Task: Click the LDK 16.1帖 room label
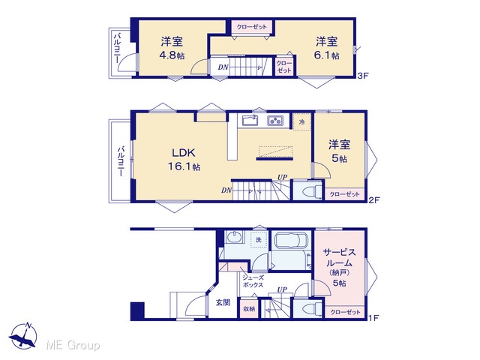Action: (x=184, y=159)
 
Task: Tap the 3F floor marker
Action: (x=363, y=76)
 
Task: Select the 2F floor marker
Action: (x=373, y=200)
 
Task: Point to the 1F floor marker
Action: (x=373, y=318)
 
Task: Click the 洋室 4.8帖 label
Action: (x=172, y=48)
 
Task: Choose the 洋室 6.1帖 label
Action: (x=327, y=48)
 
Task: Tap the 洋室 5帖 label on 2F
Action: (x=339, y=151)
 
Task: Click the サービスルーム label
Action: (x=340, y=257)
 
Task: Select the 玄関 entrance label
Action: (x=223, y=302)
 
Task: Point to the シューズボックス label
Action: (x=253, y=281)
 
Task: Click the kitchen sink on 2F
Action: (x=250, y=120)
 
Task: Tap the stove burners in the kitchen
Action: (x=275, y=121)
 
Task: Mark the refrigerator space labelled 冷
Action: (x=301, y=122)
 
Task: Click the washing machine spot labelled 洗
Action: (x=259, y=240)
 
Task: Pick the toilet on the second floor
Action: (x=311, y=191)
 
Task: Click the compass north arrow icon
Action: (x=23, y=336)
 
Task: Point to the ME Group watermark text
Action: (x=73, y=345)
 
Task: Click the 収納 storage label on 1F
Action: (x=249, y=308)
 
